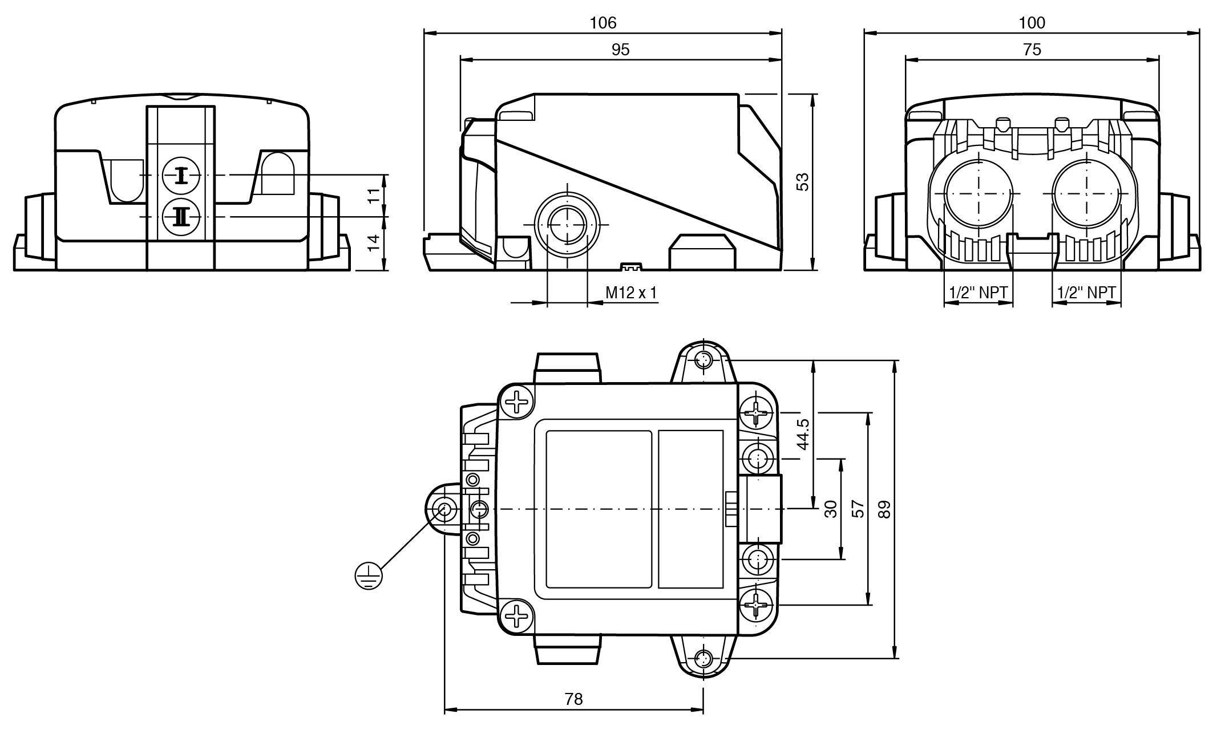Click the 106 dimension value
coord(603,23)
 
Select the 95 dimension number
coord(620,50)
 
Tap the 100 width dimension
coord(1032,23)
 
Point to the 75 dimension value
coord(1032,50)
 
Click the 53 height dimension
coord(803,182)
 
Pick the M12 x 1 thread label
coord(631,293)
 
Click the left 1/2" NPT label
coord(979,293)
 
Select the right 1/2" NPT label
coord(1086,293)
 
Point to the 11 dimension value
coord(373,196)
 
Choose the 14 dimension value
coord(373,243)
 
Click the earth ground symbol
coord(368,575)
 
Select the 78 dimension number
coord(573,699)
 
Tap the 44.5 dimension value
coord(803,434)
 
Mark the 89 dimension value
coord(884,509)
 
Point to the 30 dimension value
coord(831,509)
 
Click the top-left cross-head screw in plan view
coord(517,402)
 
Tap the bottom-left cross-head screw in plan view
coord(517,617)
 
